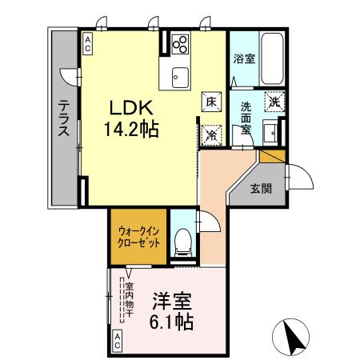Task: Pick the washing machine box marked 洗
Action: coord(274,102)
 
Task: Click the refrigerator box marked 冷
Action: coord(210,134)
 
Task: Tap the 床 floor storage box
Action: coord(210,102)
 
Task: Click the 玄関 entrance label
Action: coord(260,189)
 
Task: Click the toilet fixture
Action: coord(182,240)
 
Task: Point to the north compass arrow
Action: coord(293,337)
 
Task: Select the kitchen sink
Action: coord(179,77)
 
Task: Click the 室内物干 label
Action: coord(129,298)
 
